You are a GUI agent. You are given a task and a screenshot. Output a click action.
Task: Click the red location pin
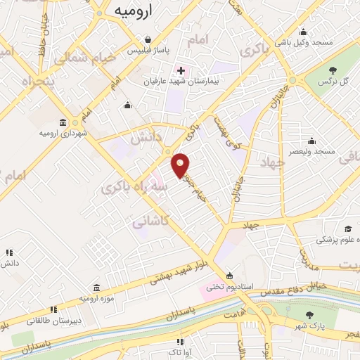181,164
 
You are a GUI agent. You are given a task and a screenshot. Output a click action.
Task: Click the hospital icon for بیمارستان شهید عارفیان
181,70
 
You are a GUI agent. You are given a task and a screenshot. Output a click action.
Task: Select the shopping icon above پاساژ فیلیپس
148,40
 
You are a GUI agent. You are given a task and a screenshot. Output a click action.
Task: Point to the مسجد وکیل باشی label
304,42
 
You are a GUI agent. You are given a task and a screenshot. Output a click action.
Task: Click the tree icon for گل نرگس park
333,70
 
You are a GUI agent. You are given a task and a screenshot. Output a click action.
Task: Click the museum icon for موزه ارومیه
96,288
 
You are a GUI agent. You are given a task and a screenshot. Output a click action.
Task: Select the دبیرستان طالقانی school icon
53,309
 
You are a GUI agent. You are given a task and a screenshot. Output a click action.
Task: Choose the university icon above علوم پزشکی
347,229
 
